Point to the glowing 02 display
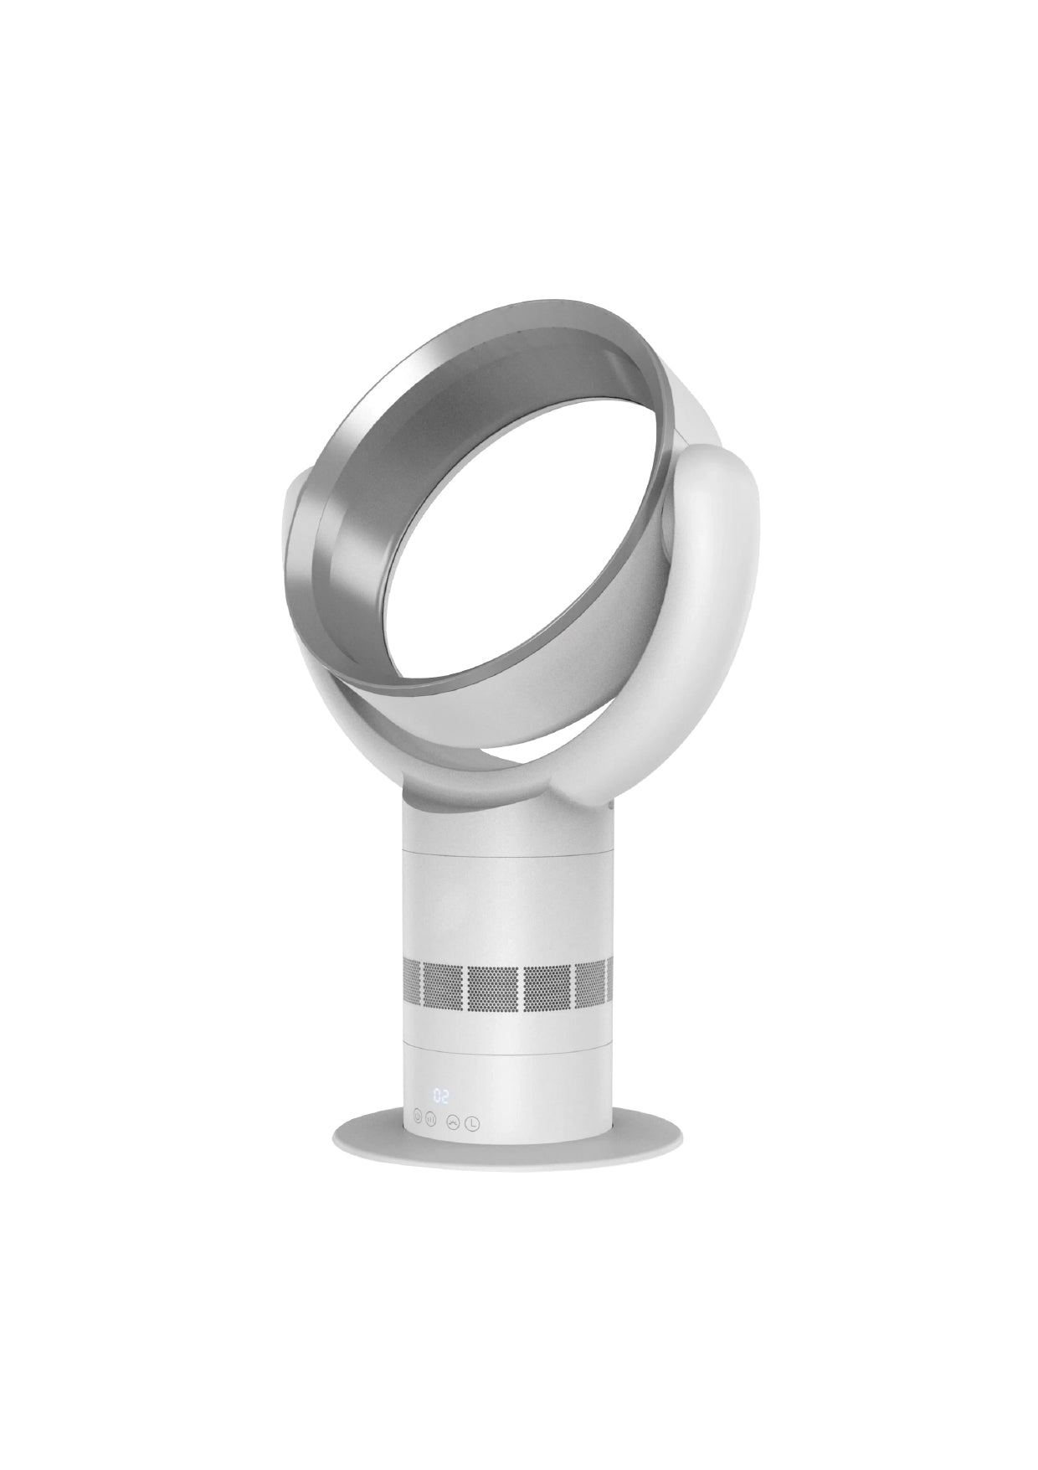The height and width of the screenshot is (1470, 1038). coord(441,1096)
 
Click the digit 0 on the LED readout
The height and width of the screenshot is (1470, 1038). coord(437,1096)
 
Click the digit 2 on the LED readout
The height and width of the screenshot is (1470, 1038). coord(445,1096)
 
